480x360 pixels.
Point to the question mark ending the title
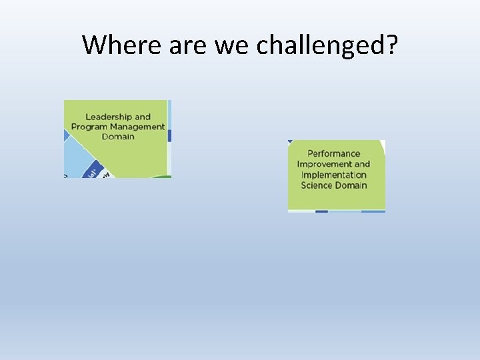click(391, 45)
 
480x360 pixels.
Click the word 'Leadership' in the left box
click(109, 117)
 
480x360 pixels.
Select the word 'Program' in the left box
click(89, 127)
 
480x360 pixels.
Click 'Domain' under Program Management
click(118, 137)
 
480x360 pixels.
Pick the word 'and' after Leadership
click(143, 117)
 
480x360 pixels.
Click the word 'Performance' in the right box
click(333, 153)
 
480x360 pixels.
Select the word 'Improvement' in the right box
click(324, 164)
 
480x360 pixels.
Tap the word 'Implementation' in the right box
click(333, 175)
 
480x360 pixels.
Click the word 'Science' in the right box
click(316, 185)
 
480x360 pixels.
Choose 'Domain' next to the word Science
click(351, 185)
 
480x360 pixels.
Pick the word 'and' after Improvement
click(362, 164)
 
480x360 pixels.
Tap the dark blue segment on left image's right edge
click(169, 135)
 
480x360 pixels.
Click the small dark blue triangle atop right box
click(291, 142)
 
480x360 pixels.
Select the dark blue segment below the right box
click(321, 211)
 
